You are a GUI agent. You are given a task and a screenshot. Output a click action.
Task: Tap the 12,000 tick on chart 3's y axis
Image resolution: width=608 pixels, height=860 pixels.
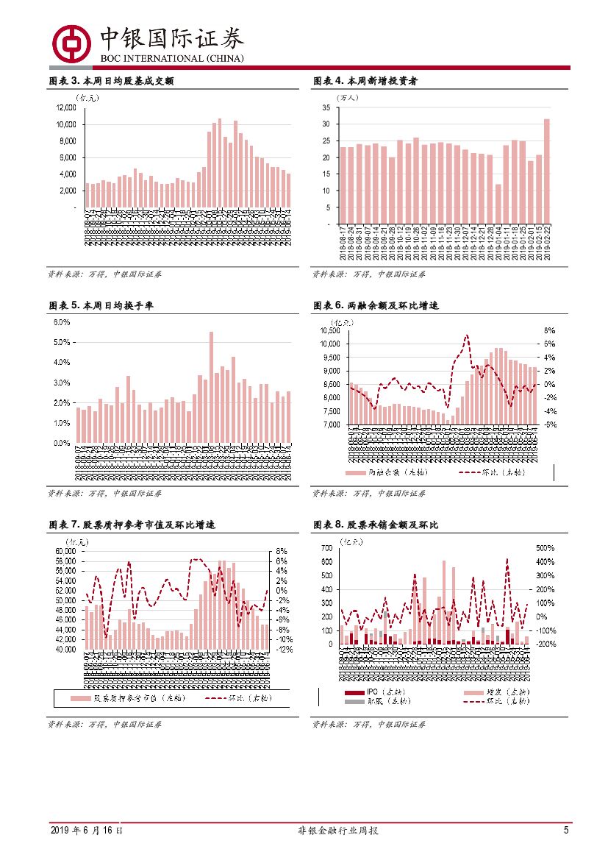pyautogui.click(x=66, y=107)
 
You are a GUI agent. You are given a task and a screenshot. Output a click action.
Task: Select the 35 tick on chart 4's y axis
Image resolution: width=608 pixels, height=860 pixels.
pyautogui.click(x=326, y=107)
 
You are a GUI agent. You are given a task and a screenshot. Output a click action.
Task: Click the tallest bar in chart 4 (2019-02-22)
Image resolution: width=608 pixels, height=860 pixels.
pyautogui.click(x=546, y=171)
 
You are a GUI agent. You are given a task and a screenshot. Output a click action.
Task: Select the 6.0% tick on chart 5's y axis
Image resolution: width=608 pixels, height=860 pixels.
pyautogui.click(x=62, y=322)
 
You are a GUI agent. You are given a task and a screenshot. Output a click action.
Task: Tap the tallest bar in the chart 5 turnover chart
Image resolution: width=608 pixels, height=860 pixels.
pyautogui.click(x=211, y=387)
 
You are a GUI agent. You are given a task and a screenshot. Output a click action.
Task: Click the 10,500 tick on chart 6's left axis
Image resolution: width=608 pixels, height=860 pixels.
pyautogui.click(x=329, y=330)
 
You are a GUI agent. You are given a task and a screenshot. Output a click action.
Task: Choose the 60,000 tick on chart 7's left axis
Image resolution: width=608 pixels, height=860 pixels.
pyautogui.click(x=66, y=550)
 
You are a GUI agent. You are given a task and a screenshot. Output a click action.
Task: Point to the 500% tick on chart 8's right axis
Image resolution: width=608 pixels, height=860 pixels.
pyautogui.click(x=544, y=548)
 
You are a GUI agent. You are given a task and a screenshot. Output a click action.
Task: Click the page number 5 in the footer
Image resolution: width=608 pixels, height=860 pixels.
pyautogui.click(x=566, y=830)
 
